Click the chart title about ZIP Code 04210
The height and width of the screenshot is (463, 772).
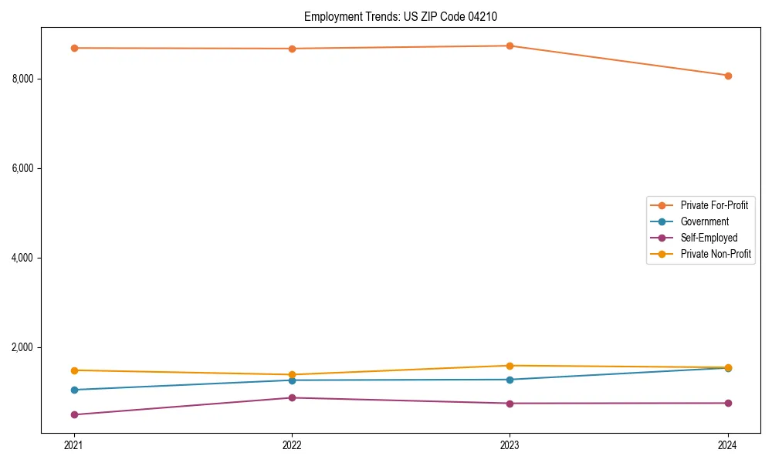tap(406, 16)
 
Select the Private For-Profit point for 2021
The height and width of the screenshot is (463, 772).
tap(74, 48)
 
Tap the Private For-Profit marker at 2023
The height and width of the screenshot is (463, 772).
tap(510, 46)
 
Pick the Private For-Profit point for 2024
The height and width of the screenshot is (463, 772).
tap(728, 76)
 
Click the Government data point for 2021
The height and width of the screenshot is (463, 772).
tap(74, 390)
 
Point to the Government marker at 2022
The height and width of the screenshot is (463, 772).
tap(292, 380)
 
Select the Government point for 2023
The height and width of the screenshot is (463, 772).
tap(510, 380)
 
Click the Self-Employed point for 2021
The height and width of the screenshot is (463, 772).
tap(74, 414)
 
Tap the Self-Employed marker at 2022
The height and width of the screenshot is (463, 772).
tap(292, 397)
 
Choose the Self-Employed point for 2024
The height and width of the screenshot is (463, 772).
tap(728, 403)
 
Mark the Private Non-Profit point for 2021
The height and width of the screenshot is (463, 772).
tap(74, 370)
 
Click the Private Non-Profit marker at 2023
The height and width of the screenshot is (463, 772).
tap(510, 366)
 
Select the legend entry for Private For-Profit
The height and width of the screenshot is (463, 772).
tap(713, 205)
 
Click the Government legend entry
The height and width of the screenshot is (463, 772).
tap(704, 221)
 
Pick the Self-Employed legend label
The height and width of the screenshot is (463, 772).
tap(709, 238)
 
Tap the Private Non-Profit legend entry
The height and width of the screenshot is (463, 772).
tap(716, 254)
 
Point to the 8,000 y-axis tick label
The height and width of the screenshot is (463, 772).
tap(24, 79)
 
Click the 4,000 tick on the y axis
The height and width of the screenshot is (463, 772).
tap(24, 258)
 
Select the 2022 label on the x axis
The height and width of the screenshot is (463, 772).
tap(292, 444)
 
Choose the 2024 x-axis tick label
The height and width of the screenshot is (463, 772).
tap(728, 444)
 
